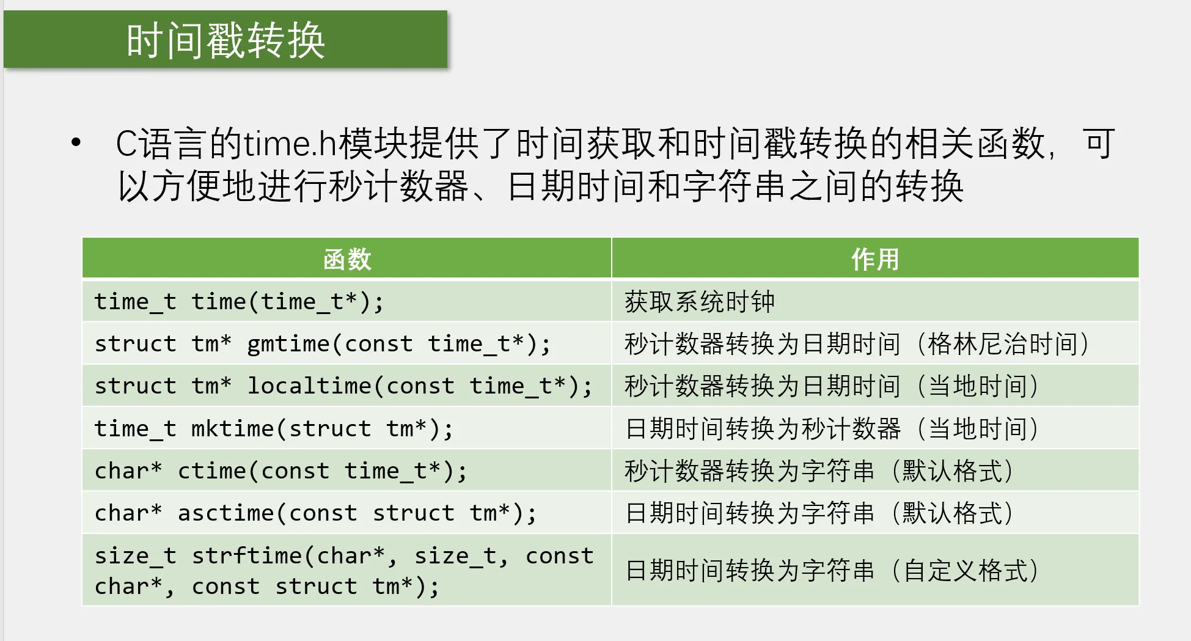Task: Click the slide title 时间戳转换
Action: coord(225,40)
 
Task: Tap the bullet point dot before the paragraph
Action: coord(76,143)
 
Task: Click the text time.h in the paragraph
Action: coord(291,144)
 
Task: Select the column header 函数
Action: coord(347,259)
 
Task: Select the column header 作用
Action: coord(875,259)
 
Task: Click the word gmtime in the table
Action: coord(288,343)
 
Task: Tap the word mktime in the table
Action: coord(233,428)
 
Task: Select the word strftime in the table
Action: coord(247,555)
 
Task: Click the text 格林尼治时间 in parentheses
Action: coord(1003,343)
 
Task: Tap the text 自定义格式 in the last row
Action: coord(966,570)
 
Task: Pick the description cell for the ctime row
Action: coord(875,471)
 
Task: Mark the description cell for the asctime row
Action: coord(875,513)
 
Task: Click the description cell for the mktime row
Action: coord(875,428)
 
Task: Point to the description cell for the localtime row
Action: coord(875,386)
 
